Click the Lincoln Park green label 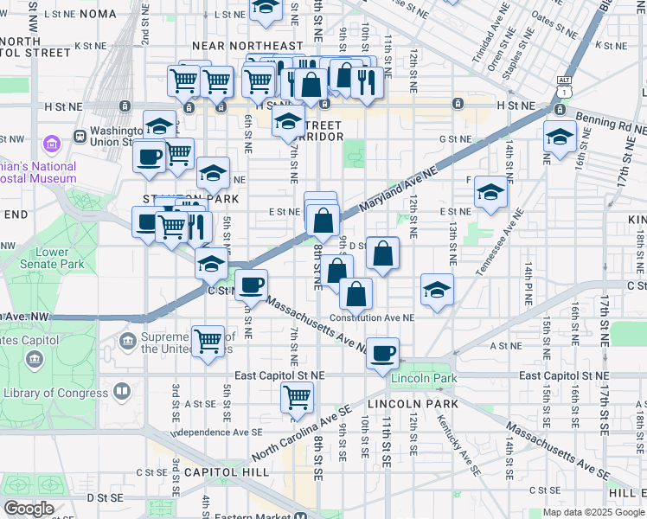coord(423,379)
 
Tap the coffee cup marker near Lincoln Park coord(382,353)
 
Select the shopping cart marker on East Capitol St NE coord(297,398)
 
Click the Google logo coord(29,508)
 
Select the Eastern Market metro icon coord(300,514)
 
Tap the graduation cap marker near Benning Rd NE coord(560,138)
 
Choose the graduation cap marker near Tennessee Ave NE coord(490,193)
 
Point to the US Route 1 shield coord(564,89)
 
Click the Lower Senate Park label coord(42,259)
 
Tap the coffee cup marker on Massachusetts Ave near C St coord(251,285)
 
